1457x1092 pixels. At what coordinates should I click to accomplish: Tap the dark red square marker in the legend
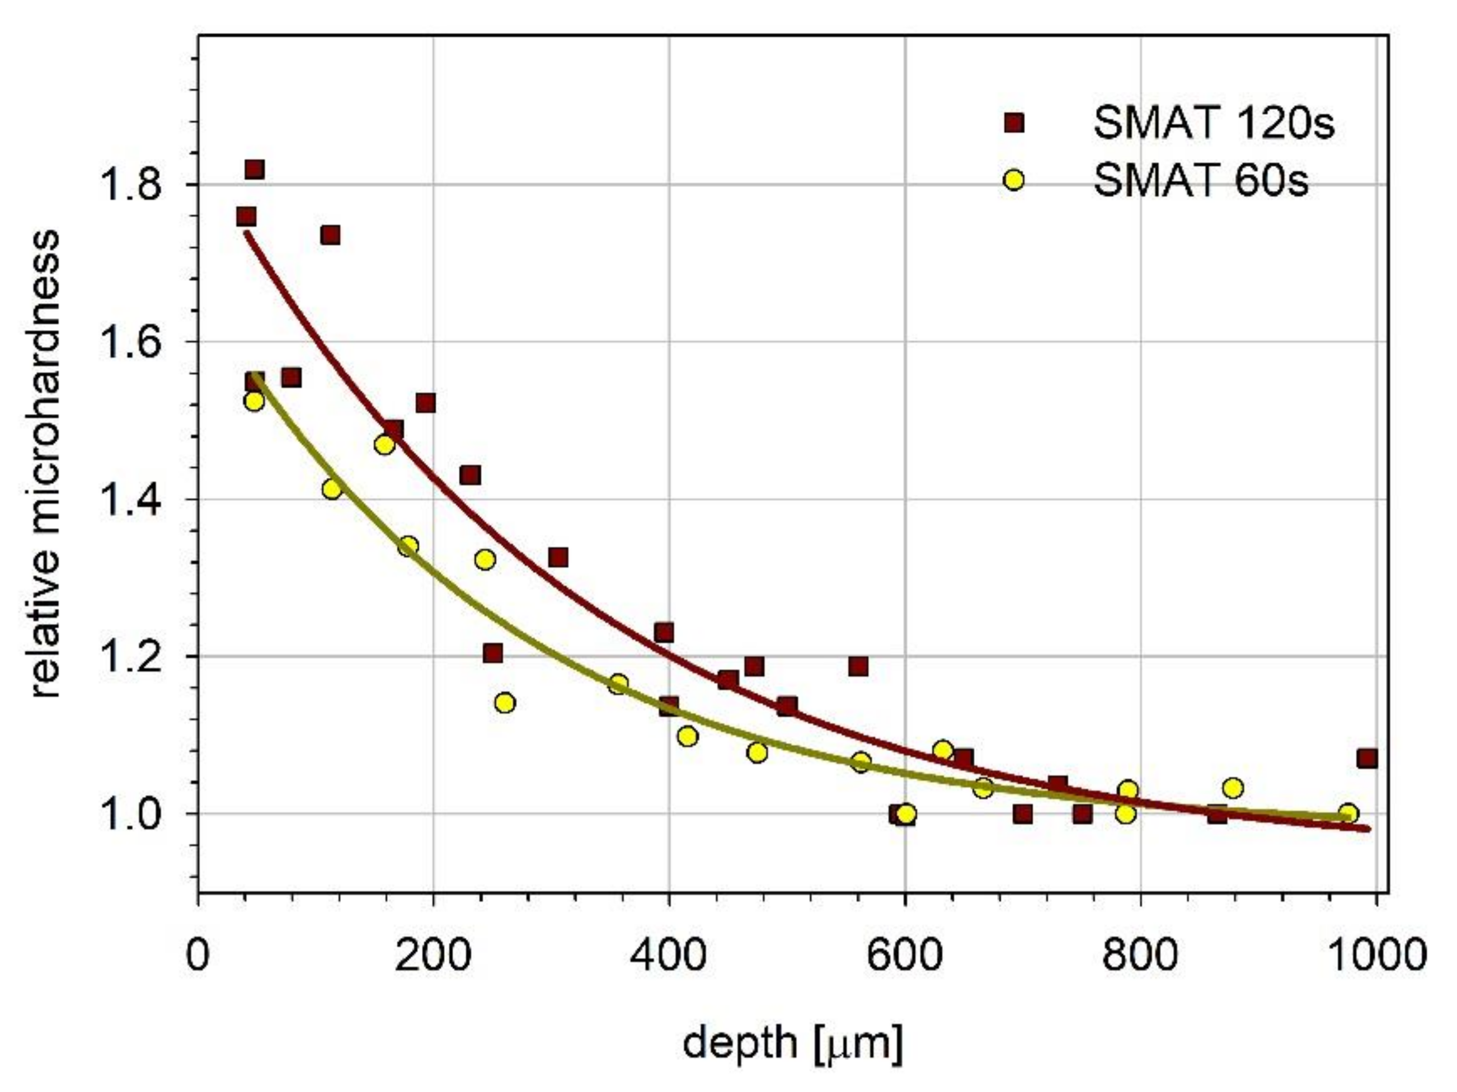(x=1014, y=123)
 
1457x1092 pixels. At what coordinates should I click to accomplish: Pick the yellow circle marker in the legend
(x=1014, y=180)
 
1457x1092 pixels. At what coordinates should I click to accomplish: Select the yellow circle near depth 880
(x=1233, y=788)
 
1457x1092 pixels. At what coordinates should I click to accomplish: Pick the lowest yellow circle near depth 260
(x=505, y=703)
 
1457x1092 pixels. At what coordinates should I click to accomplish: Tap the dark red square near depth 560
(x=858, y=666)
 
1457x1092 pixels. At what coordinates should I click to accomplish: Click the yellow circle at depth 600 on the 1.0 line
(x=906, y=815)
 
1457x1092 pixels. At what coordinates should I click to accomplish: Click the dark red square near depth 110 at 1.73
(x=330, y=235)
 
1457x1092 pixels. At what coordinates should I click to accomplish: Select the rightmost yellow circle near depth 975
(x=1348, y=813)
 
